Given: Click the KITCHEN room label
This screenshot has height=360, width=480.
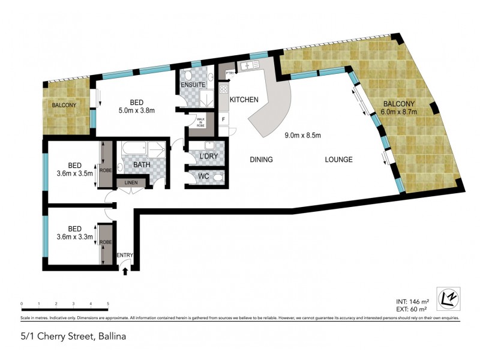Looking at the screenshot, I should pos(244,100).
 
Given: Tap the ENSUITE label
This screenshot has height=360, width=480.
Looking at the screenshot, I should pos(193,85).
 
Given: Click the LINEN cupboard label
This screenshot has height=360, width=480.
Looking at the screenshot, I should pos(131,182).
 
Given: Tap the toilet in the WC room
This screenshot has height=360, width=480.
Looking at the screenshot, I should pos(217,178).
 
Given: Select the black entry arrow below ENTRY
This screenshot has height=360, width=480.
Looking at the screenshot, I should pos(125,271).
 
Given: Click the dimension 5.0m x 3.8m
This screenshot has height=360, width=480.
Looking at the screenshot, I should pos(136,110).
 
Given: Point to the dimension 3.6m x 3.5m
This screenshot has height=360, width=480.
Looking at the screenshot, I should pos(75,174).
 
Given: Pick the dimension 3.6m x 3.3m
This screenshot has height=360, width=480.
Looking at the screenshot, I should pos(75,236).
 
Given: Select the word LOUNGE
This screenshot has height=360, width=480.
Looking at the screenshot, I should pos(338,160).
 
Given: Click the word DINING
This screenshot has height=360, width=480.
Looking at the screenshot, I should pos(261,160).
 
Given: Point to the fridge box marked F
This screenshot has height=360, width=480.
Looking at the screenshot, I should pos(224,119).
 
